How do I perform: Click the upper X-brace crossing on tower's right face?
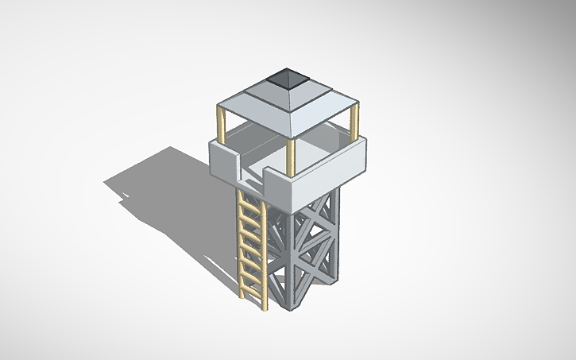tap(321, 215)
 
